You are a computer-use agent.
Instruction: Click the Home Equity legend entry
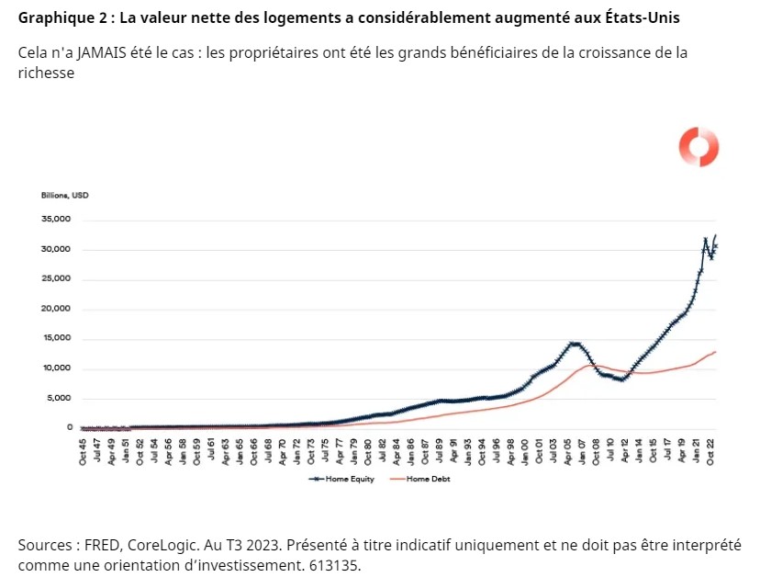point(344,480)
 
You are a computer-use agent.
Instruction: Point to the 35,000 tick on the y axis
point(56,220)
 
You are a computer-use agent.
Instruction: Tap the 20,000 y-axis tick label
point(56,309)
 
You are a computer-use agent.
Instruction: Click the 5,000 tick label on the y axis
point(59,398)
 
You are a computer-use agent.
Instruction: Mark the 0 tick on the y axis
point(68,427)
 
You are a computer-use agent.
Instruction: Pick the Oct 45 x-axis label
point(83,451)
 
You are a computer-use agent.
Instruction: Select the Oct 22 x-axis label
point(710,451)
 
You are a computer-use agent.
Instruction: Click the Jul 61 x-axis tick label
point(211,451)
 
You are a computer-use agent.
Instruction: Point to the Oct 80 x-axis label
point(368,451)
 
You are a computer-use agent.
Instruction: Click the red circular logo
point(699,147)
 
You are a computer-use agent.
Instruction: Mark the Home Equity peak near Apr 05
point(574,344)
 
